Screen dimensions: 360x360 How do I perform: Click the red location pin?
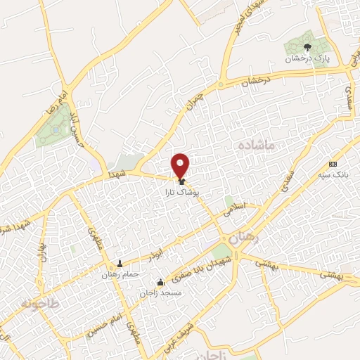(x=181, y=165)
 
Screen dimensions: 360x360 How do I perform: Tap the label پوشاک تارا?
(x=186, y=191)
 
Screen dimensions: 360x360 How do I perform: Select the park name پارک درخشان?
(x=307, y=59)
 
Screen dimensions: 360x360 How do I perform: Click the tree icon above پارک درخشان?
(x=307, y=48)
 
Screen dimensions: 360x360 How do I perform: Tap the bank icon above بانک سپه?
(x=333, y=163)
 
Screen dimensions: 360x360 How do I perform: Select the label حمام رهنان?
(x=119, y=274)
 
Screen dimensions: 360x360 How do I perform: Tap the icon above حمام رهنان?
(x=119, y=264)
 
